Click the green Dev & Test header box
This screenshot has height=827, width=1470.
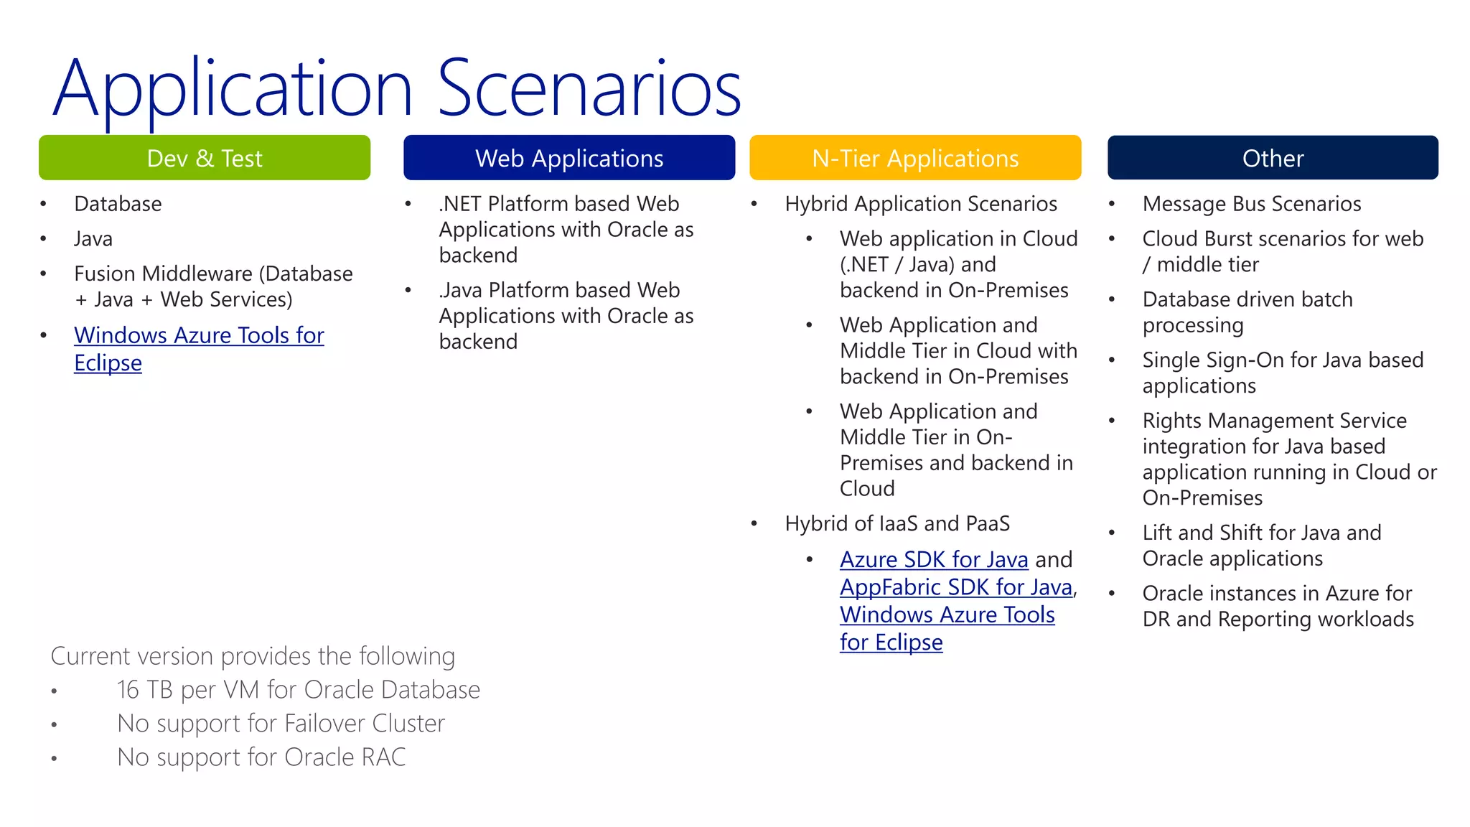click(x=205, y=158)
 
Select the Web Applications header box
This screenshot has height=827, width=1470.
click(x=569, y=158)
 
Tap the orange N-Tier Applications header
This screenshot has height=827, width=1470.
click(x=915, y=158)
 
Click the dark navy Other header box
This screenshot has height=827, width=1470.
click(x=1273, y=158)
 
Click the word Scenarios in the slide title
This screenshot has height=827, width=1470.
click(x=589, y=89)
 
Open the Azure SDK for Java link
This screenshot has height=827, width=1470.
click(x=934, y=559)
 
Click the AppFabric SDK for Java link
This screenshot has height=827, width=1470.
click(x=956, y=587)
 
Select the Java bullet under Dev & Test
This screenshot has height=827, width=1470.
click(x=93, y=239)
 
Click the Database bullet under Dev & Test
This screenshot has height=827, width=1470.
click(x=118, y=204)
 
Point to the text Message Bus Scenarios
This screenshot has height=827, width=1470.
click(x=1251, y=204)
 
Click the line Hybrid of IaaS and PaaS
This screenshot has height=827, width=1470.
click(x=897, y=523)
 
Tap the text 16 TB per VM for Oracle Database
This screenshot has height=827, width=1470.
click(x=298, y=690)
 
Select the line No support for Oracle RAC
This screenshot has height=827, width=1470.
click(x=261, y=757)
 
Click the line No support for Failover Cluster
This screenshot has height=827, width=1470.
click(x=281, y=724)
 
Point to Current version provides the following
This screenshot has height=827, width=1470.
click(x=253, y=656)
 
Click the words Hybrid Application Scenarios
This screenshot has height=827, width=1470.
click(x=921, y=204)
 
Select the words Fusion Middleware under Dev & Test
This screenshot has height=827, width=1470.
click(x=164, y=274)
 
